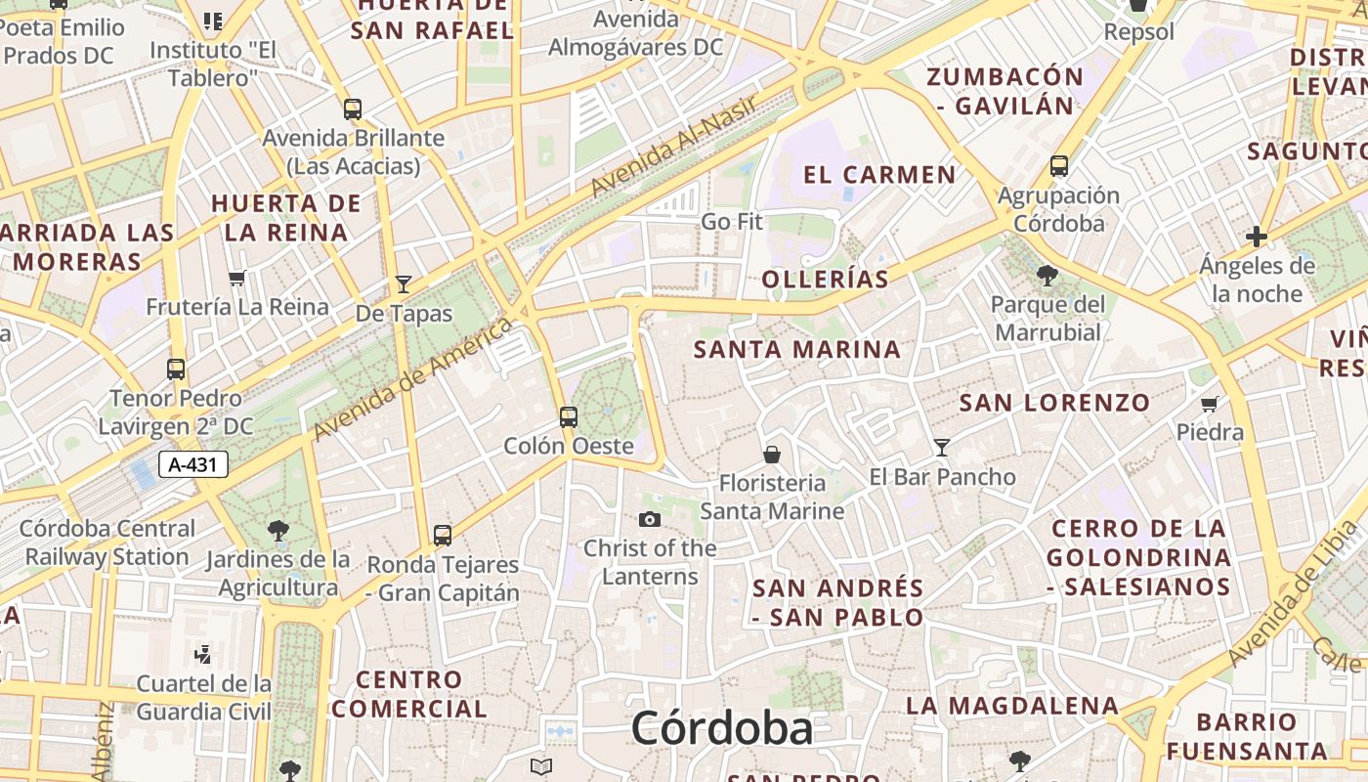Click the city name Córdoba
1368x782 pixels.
pos(721,728)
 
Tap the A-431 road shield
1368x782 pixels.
pos(193,464)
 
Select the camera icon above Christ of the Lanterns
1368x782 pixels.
pos(650,519)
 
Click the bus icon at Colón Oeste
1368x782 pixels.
pos(568,417)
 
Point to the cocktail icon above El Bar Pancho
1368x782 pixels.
pos(942,448)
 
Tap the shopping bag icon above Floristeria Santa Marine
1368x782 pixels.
pos(772,455)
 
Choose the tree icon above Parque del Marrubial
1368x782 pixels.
pos(1047,276)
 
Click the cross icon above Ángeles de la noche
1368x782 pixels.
pos(1257,237)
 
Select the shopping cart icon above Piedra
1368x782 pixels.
pos(1210,404)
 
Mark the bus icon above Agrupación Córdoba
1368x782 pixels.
pos(1059,166)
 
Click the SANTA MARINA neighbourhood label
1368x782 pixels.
pos(797,349)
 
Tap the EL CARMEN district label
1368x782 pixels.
pos(879,175)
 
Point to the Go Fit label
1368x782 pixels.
pos(732,222)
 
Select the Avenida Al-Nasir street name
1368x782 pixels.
pos(674,147)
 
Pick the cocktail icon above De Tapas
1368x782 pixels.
pos(404,284)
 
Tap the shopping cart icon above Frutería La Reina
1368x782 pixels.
pos(236,279)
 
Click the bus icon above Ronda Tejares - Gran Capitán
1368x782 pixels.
pos(443,536)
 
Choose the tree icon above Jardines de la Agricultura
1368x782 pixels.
pos(278,531)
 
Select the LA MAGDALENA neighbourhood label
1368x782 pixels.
pos(1011,705)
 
